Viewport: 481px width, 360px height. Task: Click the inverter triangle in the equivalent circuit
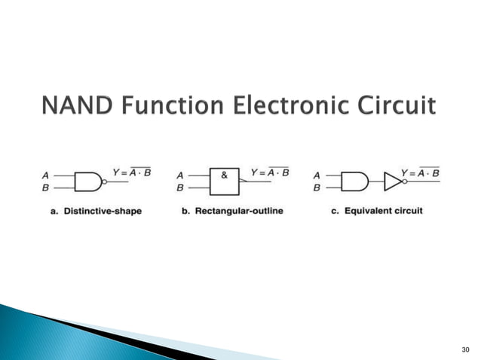click(x=392, y=182)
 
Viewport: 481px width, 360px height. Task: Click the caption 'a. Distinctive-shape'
click(x=96, y=211)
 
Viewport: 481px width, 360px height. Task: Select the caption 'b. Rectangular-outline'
click(x=232, y=211)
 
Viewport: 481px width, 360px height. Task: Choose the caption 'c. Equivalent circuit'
click(x=377, y=211)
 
